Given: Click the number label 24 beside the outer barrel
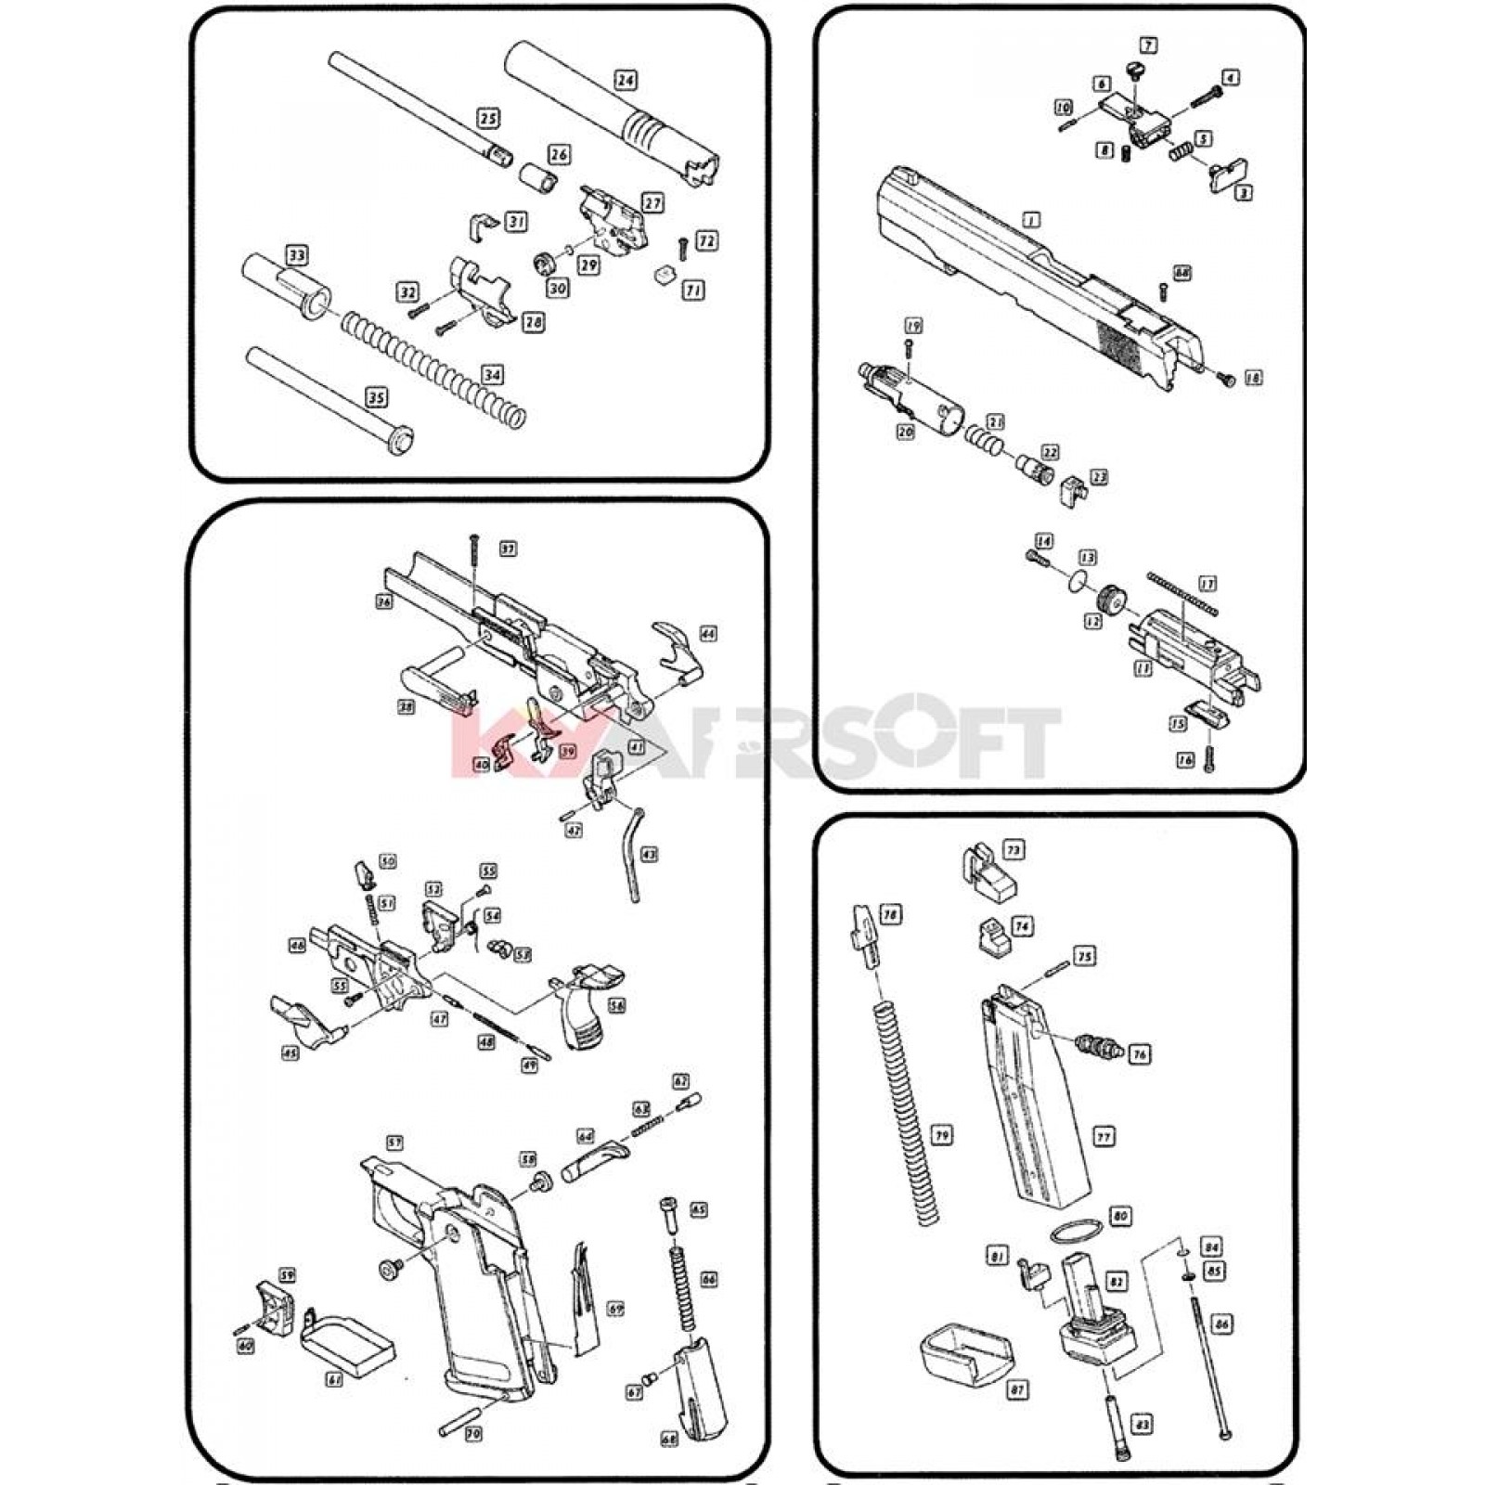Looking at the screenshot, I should click(626, 81).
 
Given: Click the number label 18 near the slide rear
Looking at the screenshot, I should click(1253, 379).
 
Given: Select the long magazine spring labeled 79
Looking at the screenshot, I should click(908, 1114).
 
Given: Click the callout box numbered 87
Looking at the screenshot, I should click(1018, 1415).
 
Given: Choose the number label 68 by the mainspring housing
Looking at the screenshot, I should click(669, 1440).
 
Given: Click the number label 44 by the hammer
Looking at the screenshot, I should click(707, 634).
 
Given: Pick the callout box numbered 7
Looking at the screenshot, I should click(1148, 45).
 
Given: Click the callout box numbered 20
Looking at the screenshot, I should click(906, 432).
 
